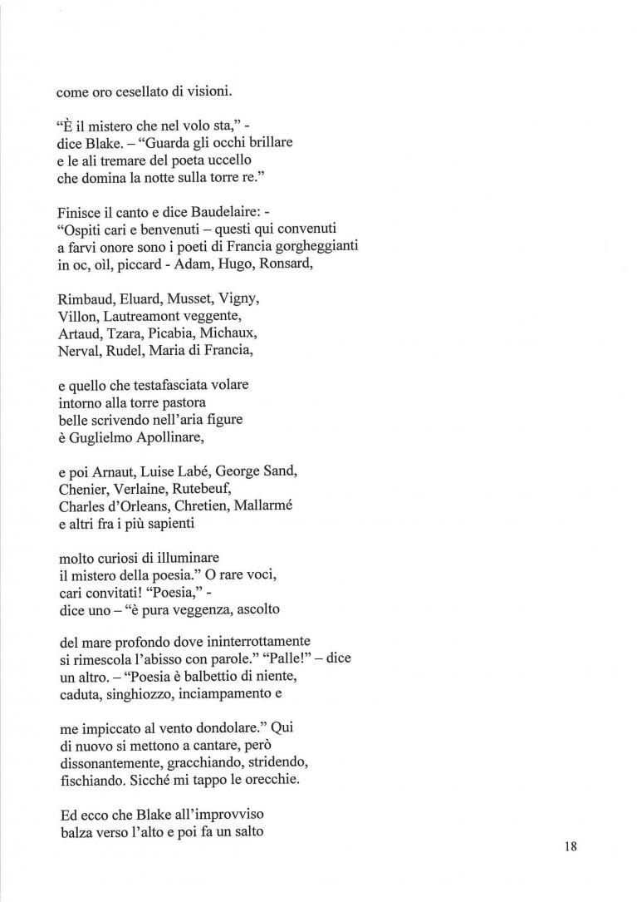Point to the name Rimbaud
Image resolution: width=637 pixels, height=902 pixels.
point(85,298)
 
